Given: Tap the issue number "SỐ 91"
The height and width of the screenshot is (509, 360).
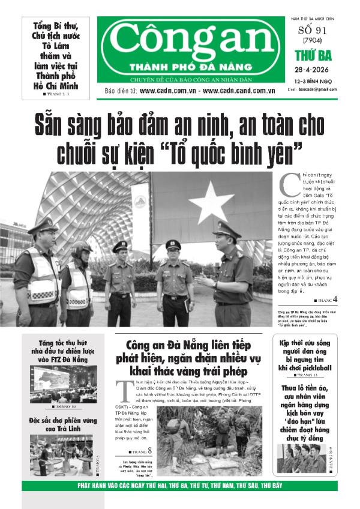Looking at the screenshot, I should click(313, 31).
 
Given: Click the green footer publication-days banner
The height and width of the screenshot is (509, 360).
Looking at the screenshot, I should click(179, 486).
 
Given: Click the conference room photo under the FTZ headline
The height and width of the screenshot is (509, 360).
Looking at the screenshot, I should click(60, 384).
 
